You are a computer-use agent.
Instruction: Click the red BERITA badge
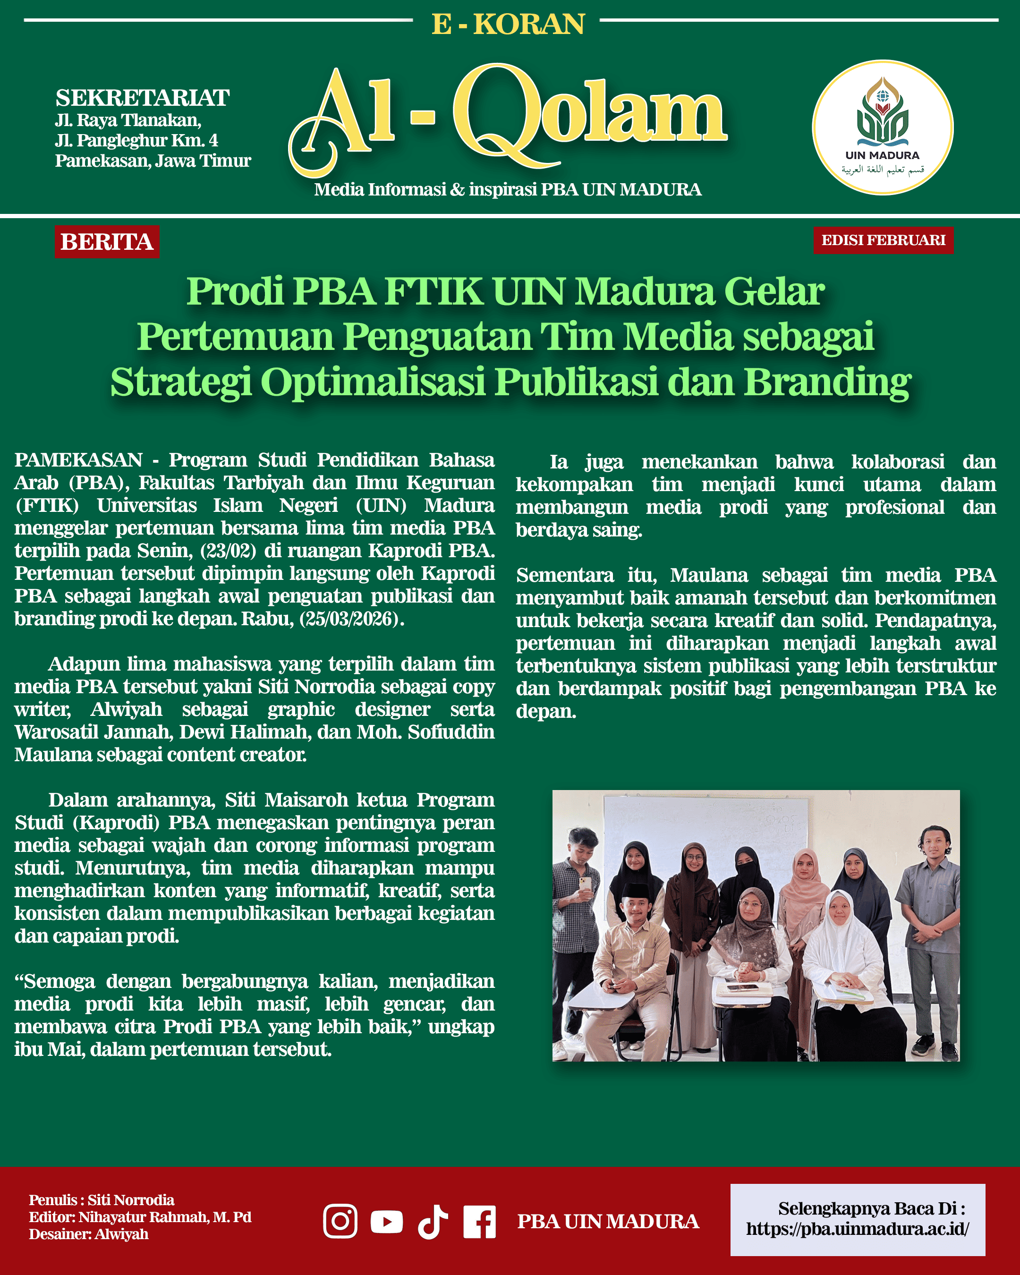tap(107, 242)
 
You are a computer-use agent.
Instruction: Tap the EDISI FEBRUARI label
tap(883, 240)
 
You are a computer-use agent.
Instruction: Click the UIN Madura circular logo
tap(882, 127)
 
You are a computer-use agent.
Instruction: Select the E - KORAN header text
tap(507, 24)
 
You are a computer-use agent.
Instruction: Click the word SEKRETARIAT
tap(143, 98)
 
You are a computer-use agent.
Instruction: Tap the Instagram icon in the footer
tap(340, 1221)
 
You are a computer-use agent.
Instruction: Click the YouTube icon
tap(387, 1221)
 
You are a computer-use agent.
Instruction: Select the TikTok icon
tap(433, 1221)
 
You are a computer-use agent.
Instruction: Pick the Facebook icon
tap(479, 1221)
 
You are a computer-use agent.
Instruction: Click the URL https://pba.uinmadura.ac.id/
tap(858, 1230)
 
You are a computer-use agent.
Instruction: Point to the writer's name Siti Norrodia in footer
tap(131, 1200)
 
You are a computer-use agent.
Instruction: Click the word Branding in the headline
tap(827, 382)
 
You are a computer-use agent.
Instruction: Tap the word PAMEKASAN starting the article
tap(78, 460)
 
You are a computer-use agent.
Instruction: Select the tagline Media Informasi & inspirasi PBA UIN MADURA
tap(507, 190)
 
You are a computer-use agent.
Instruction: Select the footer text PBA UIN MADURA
tap(608, 1222)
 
